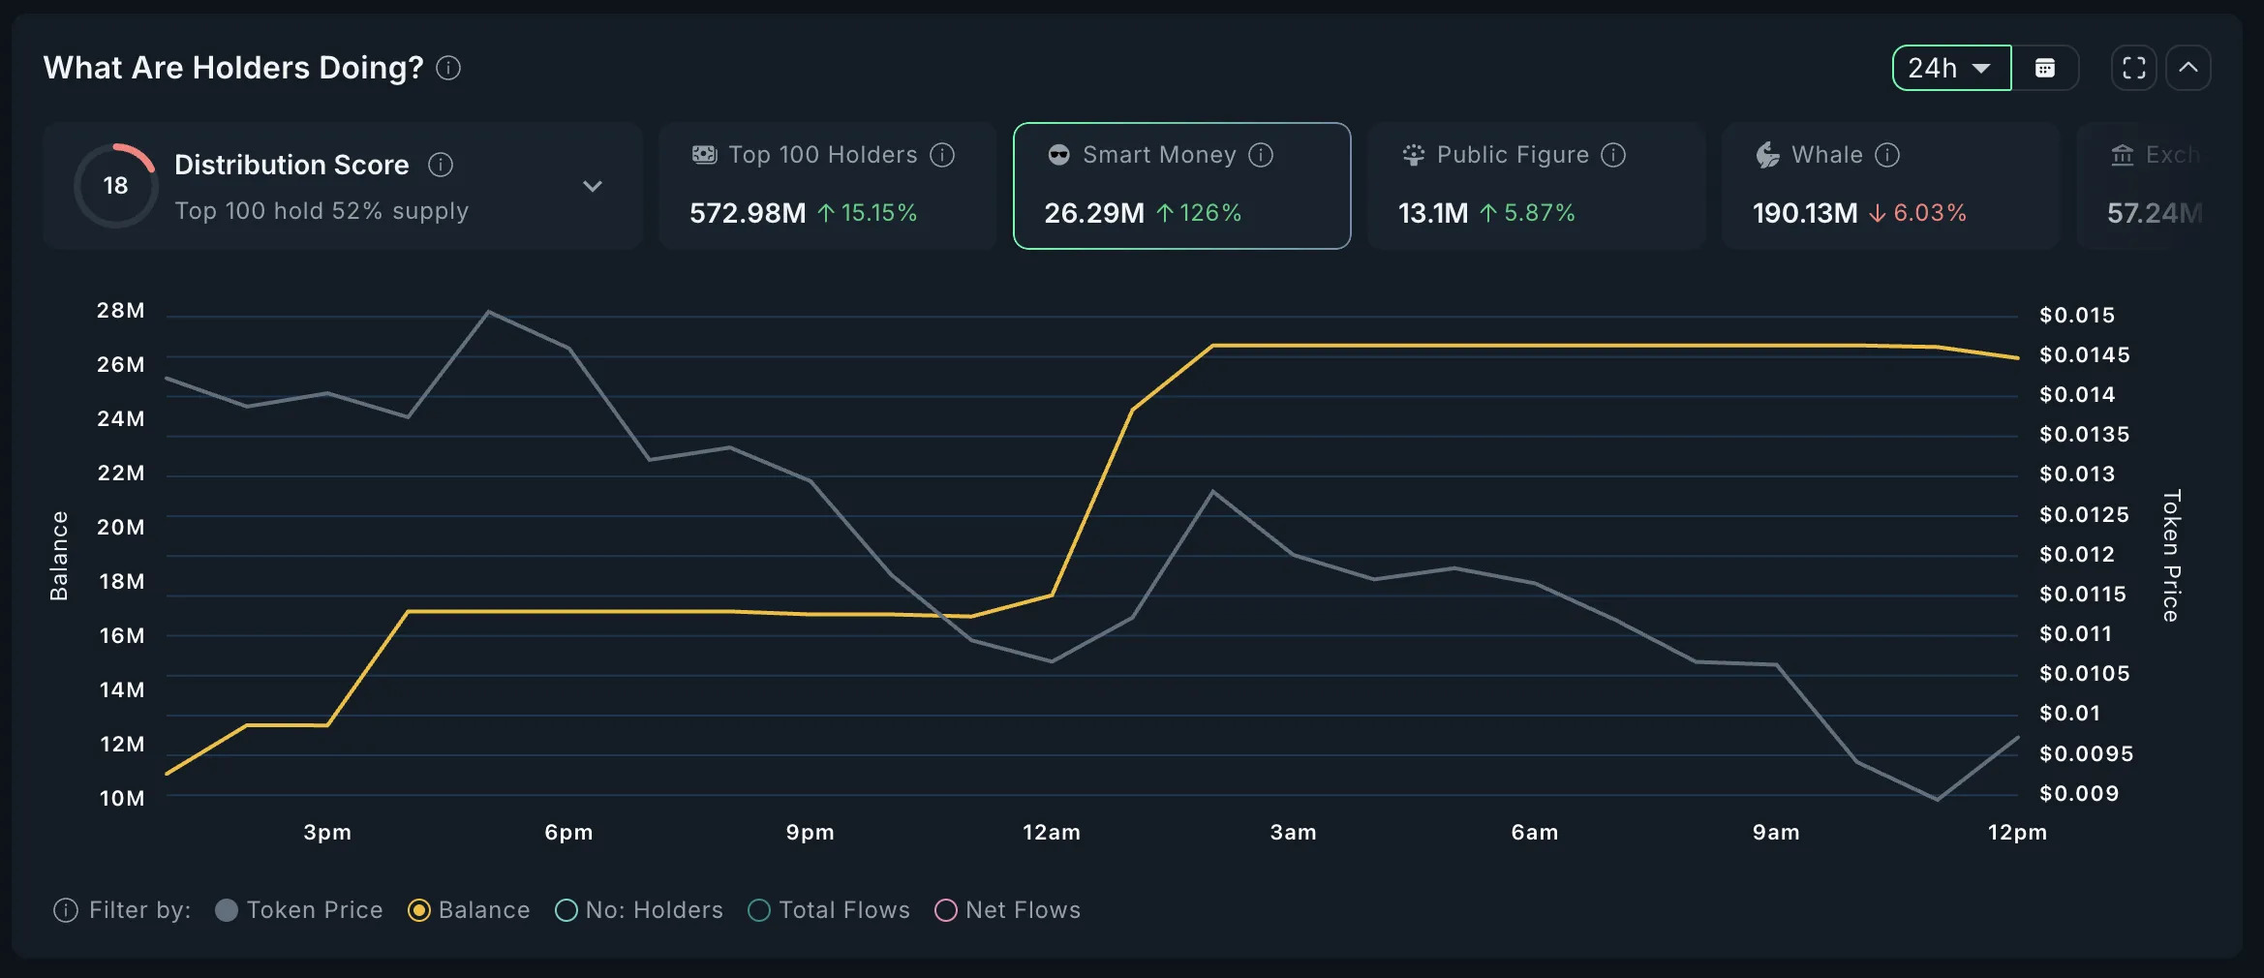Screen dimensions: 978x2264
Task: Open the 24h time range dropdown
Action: [x=1950, y=68]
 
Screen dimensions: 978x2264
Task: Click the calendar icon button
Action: [x=2045, y=68]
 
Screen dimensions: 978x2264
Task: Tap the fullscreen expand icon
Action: [x=2133, y=68]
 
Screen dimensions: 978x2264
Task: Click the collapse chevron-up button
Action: [x=2188, y=68]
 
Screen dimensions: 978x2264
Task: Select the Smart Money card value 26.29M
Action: [x=1094, y=213]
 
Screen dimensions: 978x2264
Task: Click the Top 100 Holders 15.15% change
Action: [x=868, y=213]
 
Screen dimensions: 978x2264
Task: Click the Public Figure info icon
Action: [x=1613, y=155]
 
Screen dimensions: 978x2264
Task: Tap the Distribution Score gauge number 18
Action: [x=115, y=186]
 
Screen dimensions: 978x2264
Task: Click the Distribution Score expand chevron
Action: [x=593, y=186]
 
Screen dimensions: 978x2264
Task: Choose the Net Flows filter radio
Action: [x=946, y=910]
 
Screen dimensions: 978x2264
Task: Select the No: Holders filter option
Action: [x=566, y=910]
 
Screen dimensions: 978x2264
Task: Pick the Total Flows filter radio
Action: [x=760, y=910]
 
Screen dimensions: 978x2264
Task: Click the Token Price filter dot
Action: [x=227, y=910]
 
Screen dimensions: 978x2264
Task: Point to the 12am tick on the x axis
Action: [x=1052, y=833]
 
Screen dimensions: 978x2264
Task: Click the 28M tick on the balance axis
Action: [x=121, y=311]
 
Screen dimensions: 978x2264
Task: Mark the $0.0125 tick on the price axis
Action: [x=2084, y=514]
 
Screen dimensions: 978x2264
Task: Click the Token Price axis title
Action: [x=2172, y=555]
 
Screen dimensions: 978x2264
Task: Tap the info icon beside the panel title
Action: [x=448, y=68]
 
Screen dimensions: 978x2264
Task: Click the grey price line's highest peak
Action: [x=488, y=312]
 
